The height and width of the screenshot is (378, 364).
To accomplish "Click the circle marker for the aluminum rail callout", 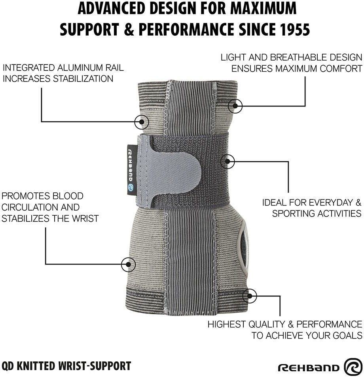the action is (x=141, y=122).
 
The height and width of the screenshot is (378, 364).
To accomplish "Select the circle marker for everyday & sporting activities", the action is (x=227, y=161).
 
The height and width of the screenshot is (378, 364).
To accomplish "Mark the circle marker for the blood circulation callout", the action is (x=128, y=264).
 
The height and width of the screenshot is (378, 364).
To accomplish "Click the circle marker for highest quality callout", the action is (x=250, y=295).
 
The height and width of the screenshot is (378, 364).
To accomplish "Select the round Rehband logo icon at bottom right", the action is (x=353, y=367).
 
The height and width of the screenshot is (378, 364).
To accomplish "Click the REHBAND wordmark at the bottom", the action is (x=309, y=368).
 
